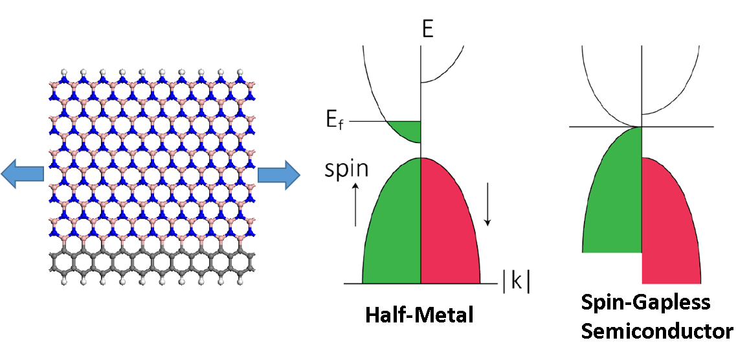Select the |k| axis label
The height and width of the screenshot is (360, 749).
coord(515,283)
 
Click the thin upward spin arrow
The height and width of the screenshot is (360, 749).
coord(355,204)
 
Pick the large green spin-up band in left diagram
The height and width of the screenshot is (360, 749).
coord(392,227)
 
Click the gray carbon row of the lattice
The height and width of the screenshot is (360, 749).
coord(153,264)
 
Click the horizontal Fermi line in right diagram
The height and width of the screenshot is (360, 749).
coord(680,127)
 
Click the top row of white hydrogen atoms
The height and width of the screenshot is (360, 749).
coord(153,71)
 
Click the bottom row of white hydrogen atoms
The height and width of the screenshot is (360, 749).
coord(153,283)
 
